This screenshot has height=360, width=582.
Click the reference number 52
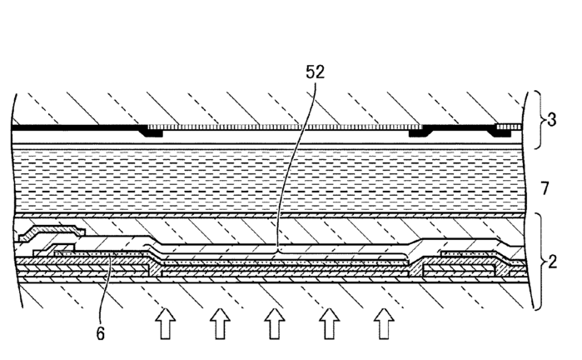click(x=315, y=72)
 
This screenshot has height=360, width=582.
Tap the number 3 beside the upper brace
click(x=551, y=120)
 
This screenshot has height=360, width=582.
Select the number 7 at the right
click(x=545, y=188)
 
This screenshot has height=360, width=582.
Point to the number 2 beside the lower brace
click(x=552, y=262)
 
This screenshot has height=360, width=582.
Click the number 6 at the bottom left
click(x=100, y=333)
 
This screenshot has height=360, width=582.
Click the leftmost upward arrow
click(x=165, y=323)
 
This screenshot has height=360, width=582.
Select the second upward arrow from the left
click(x=220, y=323)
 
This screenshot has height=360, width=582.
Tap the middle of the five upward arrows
click(x=274, y=323)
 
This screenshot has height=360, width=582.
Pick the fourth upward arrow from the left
click(x=329, y=323)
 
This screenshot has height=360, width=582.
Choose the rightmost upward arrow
click(x=384, y=323)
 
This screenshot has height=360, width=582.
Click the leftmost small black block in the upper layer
click(x=151, y=132)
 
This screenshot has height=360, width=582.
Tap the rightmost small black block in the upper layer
click(x=501, y=132)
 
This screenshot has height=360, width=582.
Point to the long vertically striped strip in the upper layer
click(x=285, y=127)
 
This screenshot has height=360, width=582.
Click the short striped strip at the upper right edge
click(x=510, y=127)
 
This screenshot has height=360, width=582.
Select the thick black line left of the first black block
click(x=76, y=127)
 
